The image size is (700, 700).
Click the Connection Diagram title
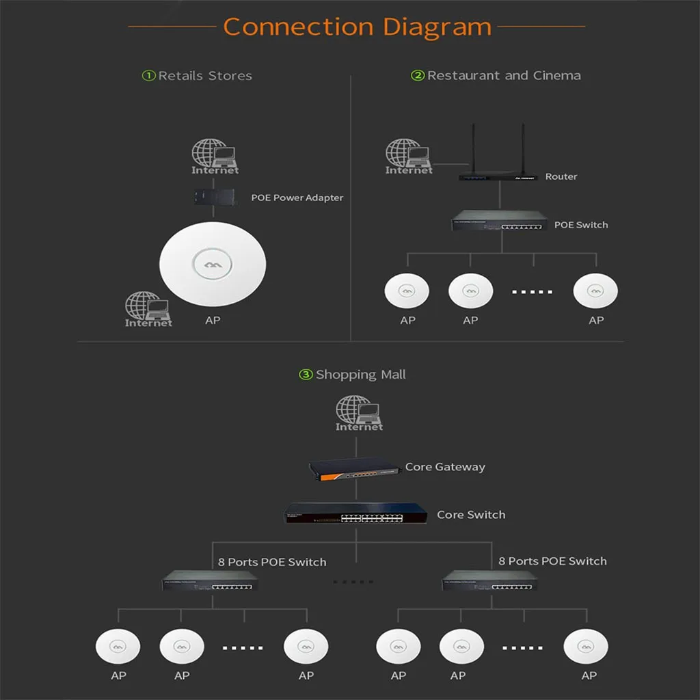coord(357,27)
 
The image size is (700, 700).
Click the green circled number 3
coord(306,374)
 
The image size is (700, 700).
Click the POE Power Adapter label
coord(297,198)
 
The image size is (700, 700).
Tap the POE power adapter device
coord(214,197)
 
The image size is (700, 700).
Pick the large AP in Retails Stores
coord(213,265)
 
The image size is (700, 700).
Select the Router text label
coord(561,177)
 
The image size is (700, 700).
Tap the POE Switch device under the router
coord(500,221)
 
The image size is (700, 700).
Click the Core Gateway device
coord(355,469)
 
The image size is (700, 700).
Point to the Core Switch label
coord(471,515)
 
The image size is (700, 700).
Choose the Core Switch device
coord(355,513)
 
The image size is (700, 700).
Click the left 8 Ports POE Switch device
coord(211,580)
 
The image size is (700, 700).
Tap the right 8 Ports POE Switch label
coord(552,561)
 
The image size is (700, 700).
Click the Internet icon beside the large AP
coord(148,310)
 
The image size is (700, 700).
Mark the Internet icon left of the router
coord(409,157)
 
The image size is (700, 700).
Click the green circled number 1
coord(148,75)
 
